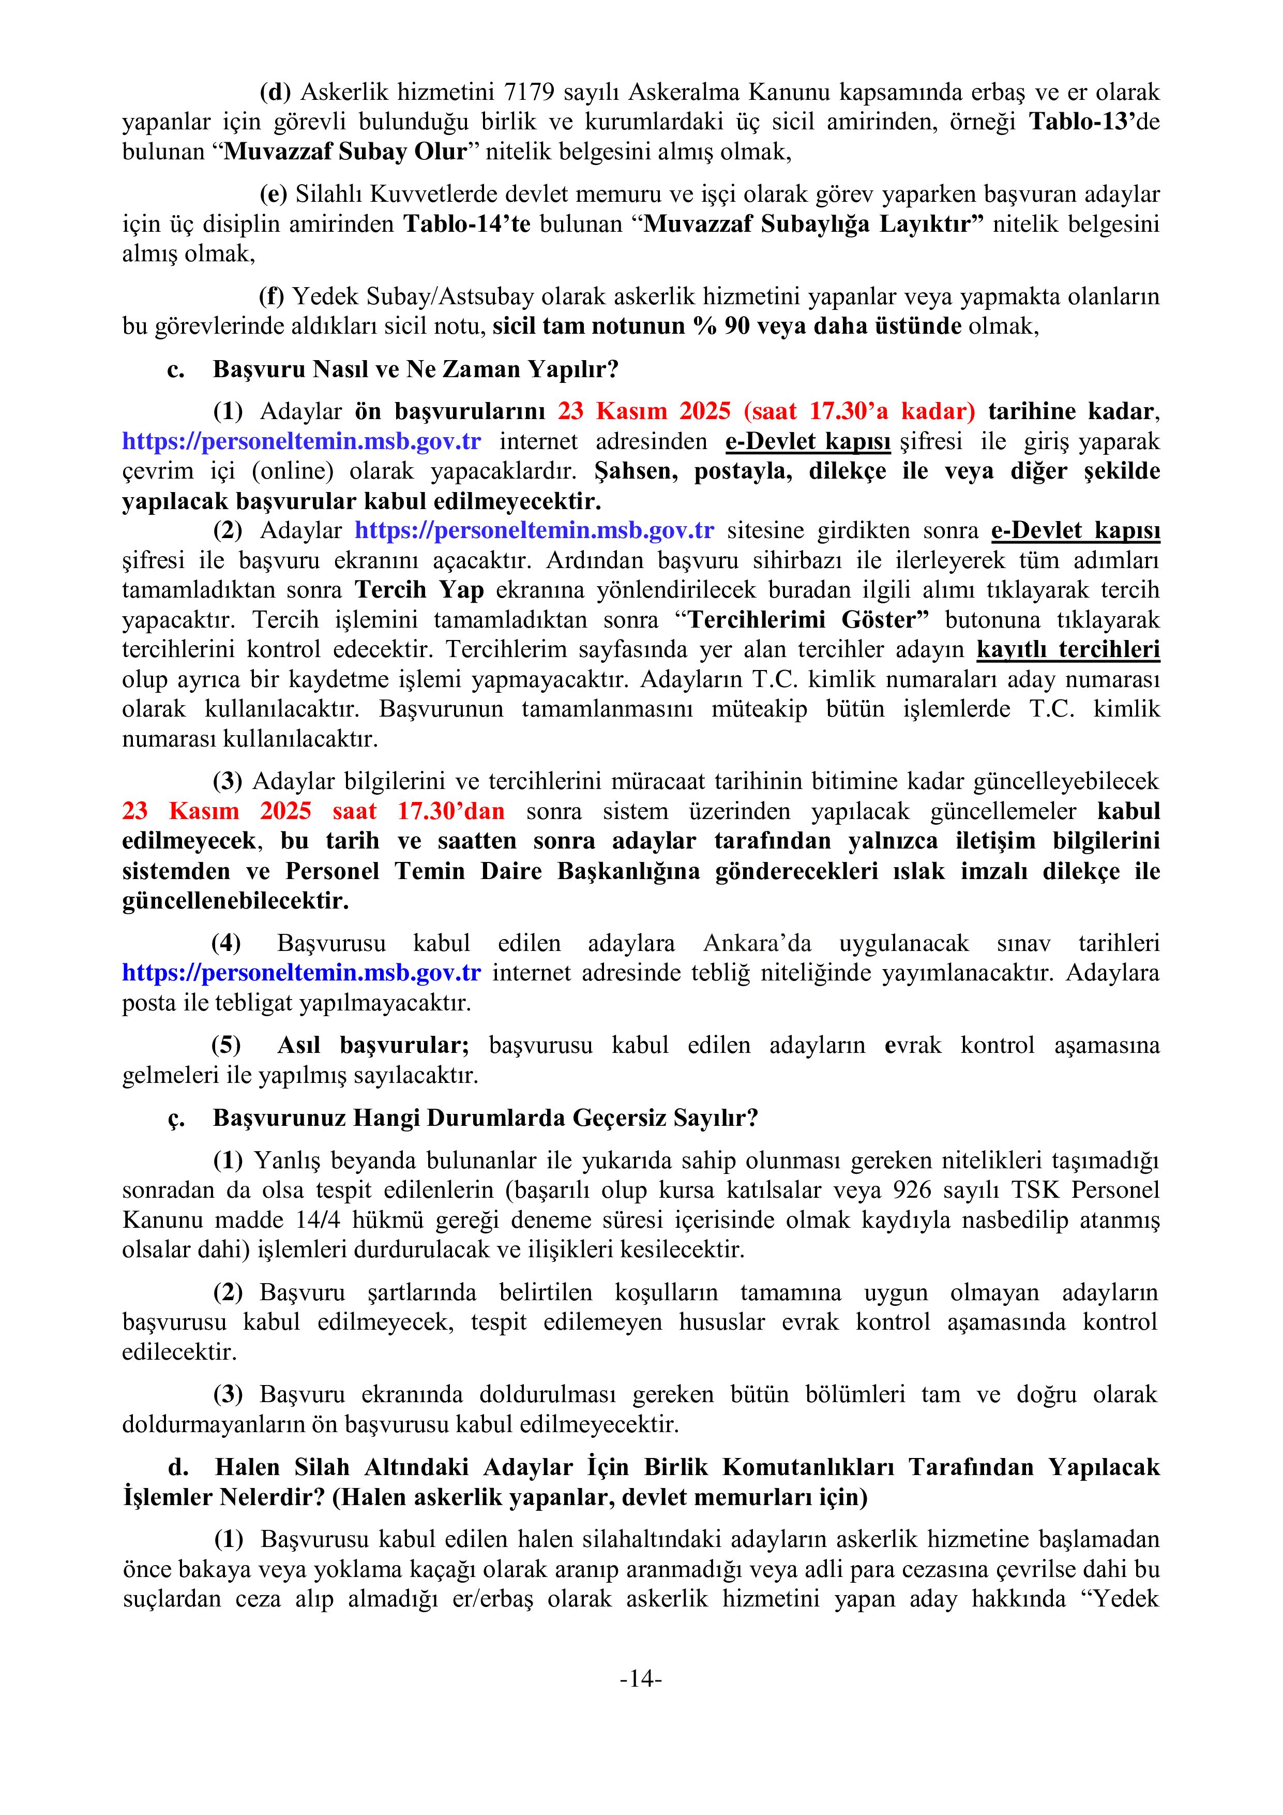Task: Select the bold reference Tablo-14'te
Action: point(467,225)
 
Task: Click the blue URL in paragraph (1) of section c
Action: point(301,441)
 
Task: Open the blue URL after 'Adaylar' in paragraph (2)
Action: point(534,530)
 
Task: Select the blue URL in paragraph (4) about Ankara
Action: point(301,973)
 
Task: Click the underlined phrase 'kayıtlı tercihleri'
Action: point(1068,650)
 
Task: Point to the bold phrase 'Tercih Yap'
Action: point(419,590)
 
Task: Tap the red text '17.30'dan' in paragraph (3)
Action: point(450,812)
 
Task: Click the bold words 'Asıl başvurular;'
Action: point(373,1046)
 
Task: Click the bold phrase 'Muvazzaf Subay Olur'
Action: point(345,152)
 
